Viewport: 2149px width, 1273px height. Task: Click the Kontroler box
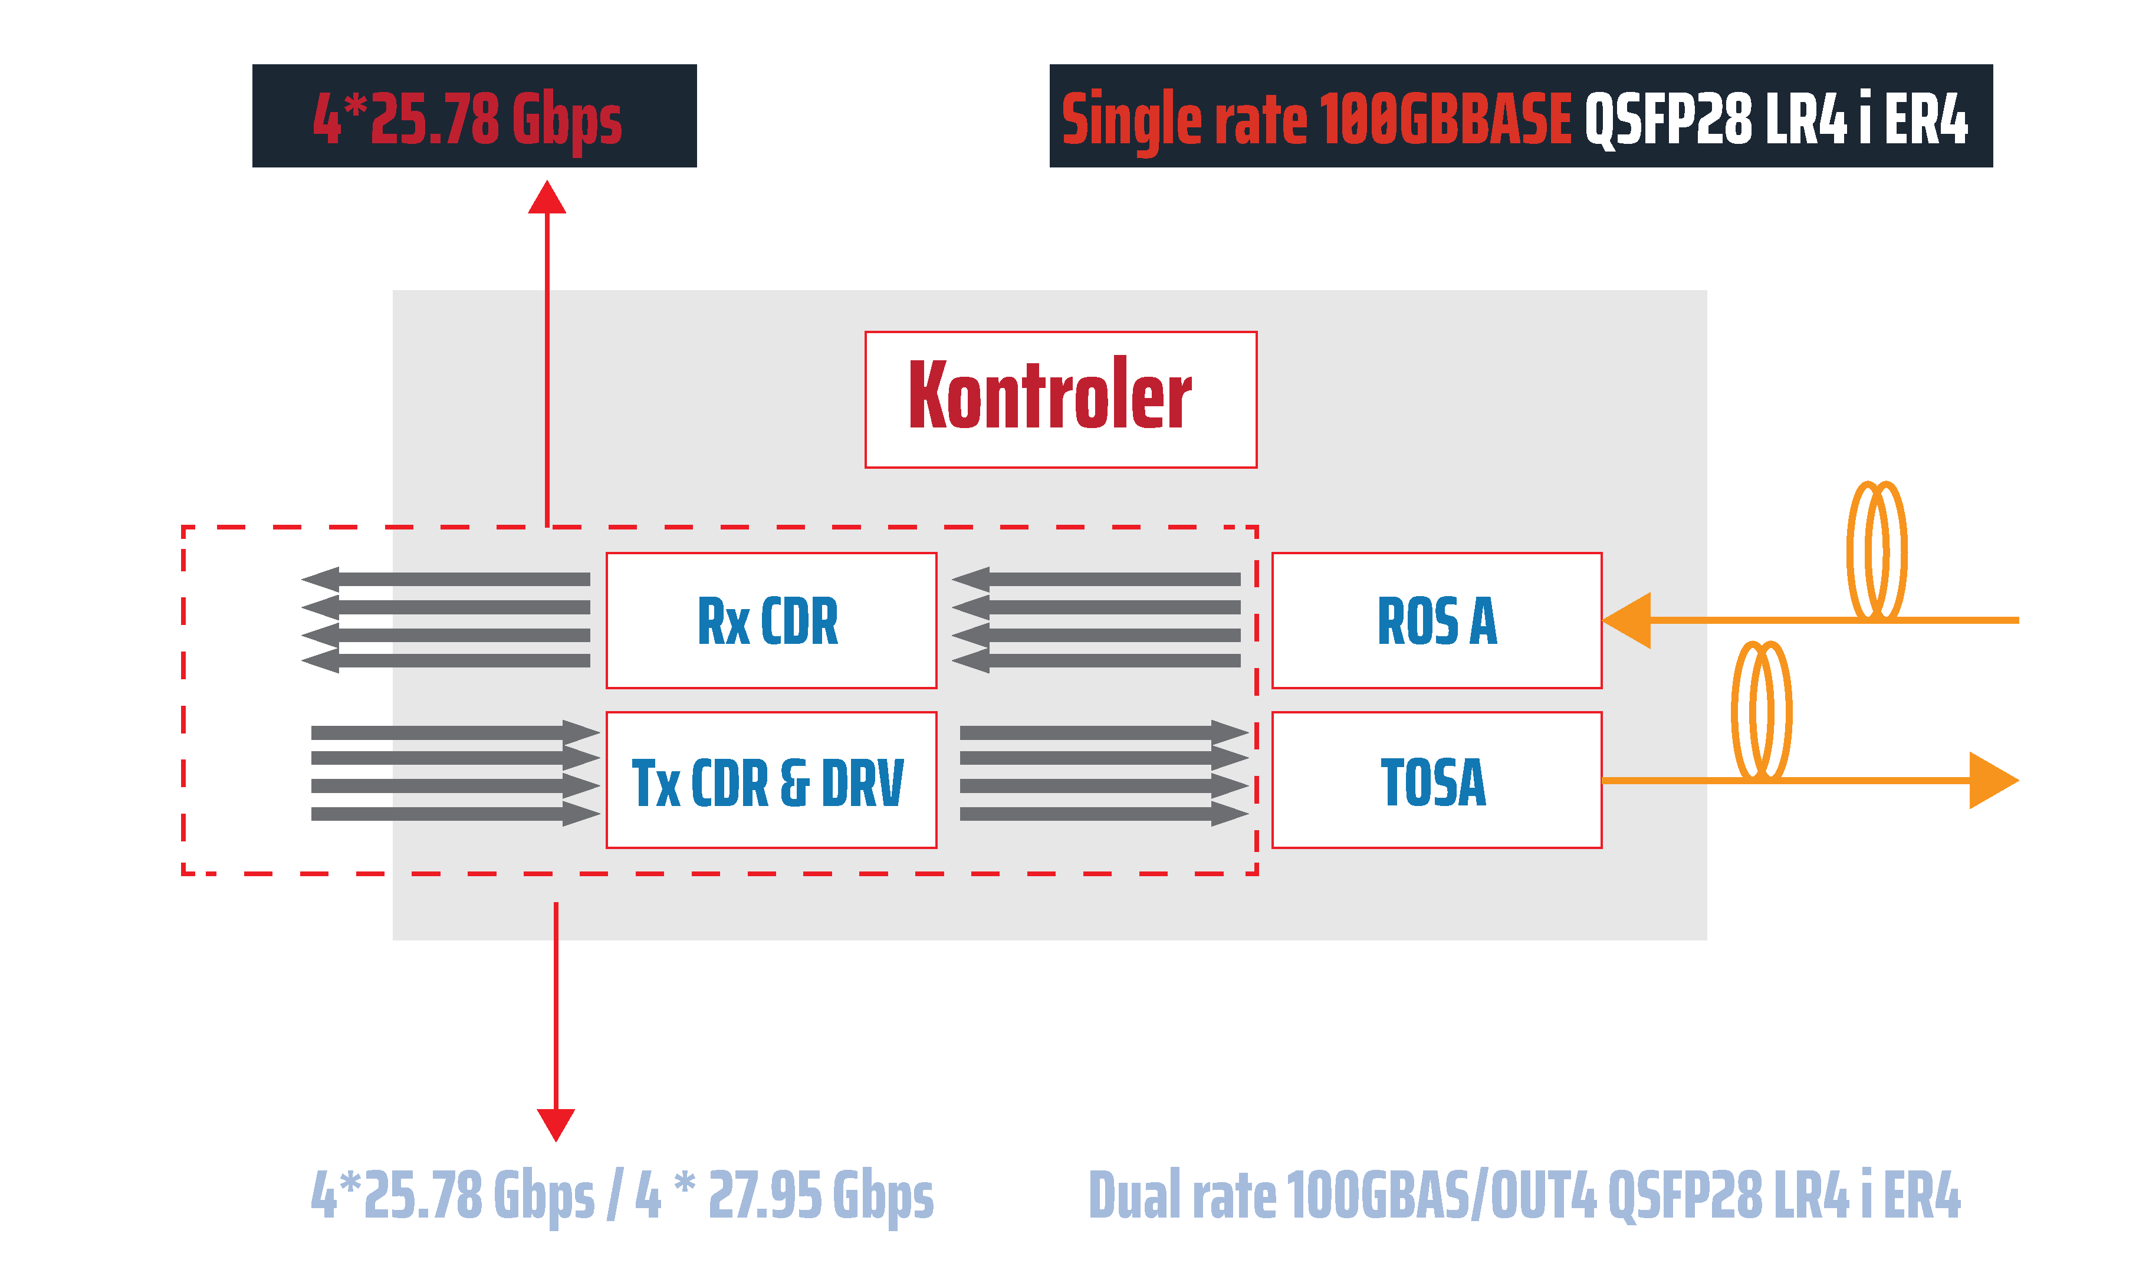[x=1060, y=400]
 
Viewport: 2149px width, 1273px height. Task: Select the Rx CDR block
[x=770, y=620]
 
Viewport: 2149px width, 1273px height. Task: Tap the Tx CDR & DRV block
[x=770, y=781]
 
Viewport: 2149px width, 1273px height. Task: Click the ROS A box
[x=1436, y=620]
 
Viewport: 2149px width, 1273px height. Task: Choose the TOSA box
[x=1436, y=781]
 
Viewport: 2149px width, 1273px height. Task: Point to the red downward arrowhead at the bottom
[x=556, y=1124]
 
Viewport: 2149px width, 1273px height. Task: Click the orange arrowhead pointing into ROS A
[x=1628, y=620]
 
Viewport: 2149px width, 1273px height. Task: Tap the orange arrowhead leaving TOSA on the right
[x=1992, y=781]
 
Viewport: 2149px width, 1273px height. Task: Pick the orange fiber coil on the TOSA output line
[x=1760, y=710]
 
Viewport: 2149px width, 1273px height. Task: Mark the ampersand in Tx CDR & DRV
[x=794, y=782]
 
